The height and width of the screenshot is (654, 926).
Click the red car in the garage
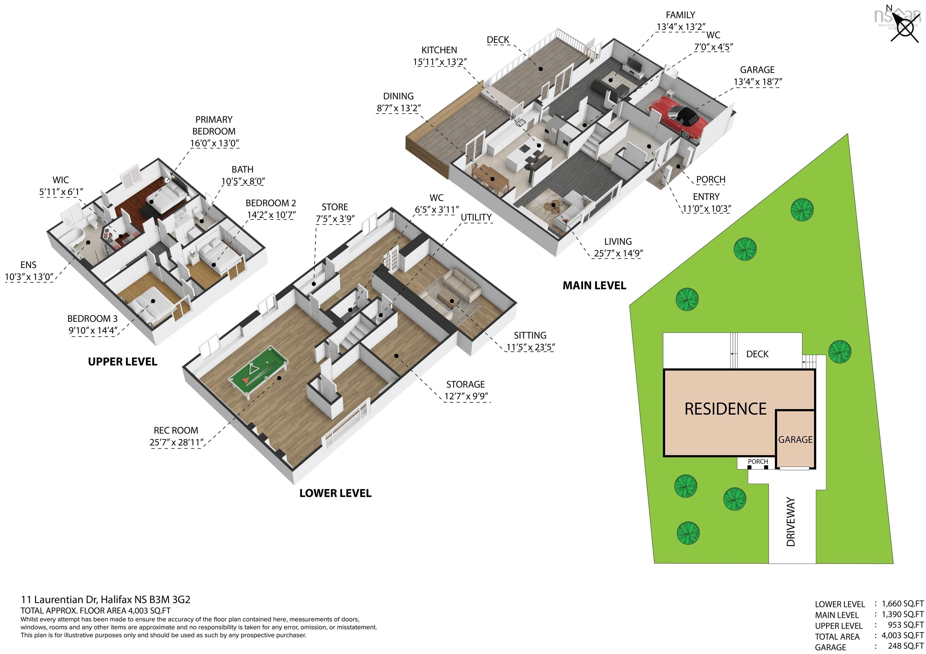pos(678,118)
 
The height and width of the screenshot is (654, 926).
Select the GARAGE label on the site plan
pos(795,440)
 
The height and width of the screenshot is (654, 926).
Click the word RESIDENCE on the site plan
pos(725,409)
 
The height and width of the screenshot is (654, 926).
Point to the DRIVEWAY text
pos(791,522)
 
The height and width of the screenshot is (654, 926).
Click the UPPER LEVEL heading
pos(123,362)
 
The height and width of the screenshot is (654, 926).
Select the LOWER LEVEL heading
pos(335,493)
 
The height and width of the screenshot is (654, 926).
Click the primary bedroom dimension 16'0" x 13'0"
pos(215,143)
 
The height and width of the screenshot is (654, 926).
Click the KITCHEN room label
pos(439,50)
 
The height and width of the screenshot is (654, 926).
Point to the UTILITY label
pos(476,218)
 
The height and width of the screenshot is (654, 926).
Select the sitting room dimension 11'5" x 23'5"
pos(530,347)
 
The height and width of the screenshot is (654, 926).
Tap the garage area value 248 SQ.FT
pos(906,647)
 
